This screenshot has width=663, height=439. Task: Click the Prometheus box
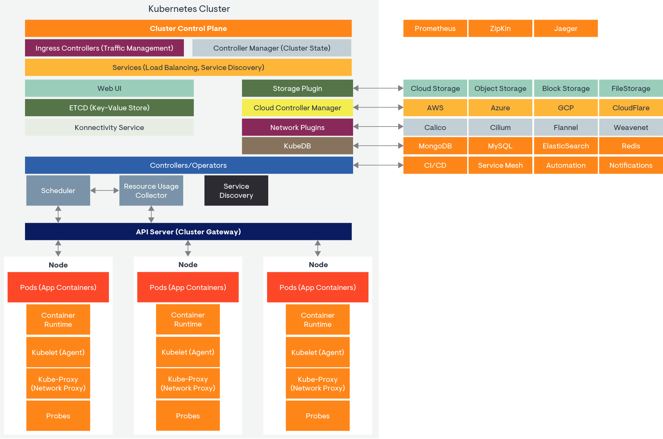click(x=435, y=28)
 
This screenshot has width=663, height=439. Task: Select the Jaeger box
click(x=565, y=28)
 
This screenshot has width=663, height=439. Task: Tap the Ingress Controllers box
click(x=104, y=48)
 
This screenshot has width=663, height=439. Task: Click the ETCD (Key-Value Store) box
click(x=109, y=108)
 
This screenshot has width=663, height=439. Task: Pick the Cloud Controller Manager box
click(x=297, y=108)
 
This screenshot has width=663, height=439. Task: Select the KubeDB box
click(x=297, y=146)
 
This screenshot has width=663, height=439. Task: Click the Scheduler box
click(x=58, y=191)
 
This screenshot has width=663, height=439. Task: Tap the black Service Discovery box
click(x=236, y=191)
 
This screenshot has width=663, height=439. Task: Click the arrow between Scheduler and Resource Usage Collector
click(x=104, y=190)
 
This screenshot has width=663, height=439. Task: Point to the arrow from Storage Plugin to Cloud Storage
click(x=378, y=88)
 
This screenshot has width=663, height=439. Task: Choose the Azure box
click(x=500, y=108)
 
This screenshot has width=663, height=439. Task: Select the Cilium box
click(x=500, y=127)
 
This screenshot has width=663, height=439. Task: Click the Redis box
click(x=630, y=146)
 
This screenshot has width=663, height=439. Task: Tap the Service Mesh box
click(x=500, y=165)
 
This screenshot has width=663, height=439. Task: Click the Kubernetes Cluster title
click(x=189, y=9)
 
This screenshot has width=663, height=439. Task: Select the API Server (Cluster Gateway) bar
click(x=188, y=232)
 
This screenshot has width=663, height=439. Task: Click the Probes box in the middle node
click(x=188, y=416)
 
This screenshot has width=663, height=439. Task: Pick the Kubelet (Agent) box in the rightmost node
click(x=317, y=352)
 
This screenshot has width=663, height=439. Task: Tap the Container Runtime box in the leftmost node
click(x=58, y=320)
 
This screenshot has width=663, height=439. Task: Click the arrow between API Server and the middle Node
click(x=188, y=248)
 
